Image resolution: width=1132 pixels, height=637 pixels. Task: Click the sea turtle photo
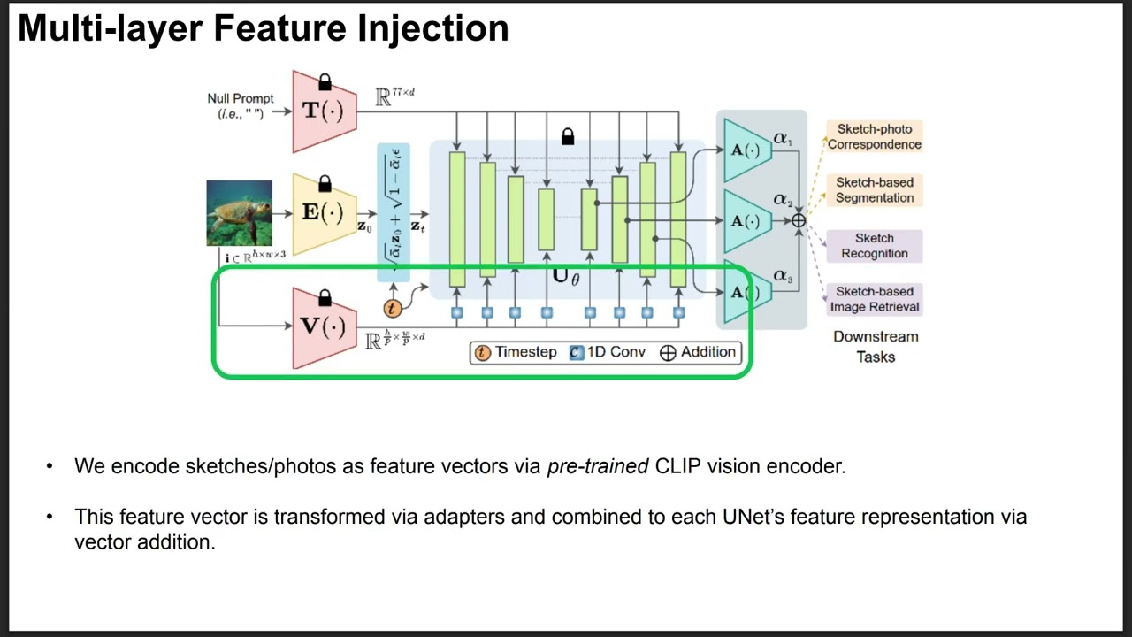(x=239, y=213)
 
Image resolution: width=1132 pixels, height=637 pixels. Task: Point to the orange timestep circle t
(x=392, y=308)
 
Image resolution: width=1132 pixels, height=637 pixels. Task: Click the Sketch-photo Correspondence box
(x=874, y=136)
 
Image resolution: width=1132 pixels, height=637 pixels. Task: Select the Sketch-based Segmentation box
(x=874, y=190)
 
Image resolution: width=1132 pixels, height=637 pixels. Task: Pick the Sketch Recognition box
(x=874, y=246)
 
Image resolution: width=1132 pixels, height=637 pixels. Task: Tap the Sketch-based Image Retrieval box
(x=874, y=299)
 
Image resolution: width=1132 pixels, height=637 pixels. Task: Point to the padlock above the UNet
(x=568, y=136)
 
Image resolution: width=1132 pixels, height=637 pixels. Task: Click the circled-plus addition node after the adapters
(x=799, y=220)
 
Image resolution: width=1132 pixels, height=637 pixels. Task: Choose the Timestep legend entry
(x=516, y=352)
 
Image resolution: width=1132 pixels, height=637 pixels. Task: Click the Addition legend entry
(x=698, y=352)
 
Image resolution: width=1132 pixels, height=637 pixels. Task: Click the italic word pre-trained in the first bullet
(x=598, y=466)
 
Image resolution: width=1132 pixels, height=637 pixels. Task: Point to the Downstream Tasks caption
(x=876, y=347)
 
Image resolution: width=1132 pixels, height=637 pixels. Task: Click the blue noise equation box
(x=394, y=212)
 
